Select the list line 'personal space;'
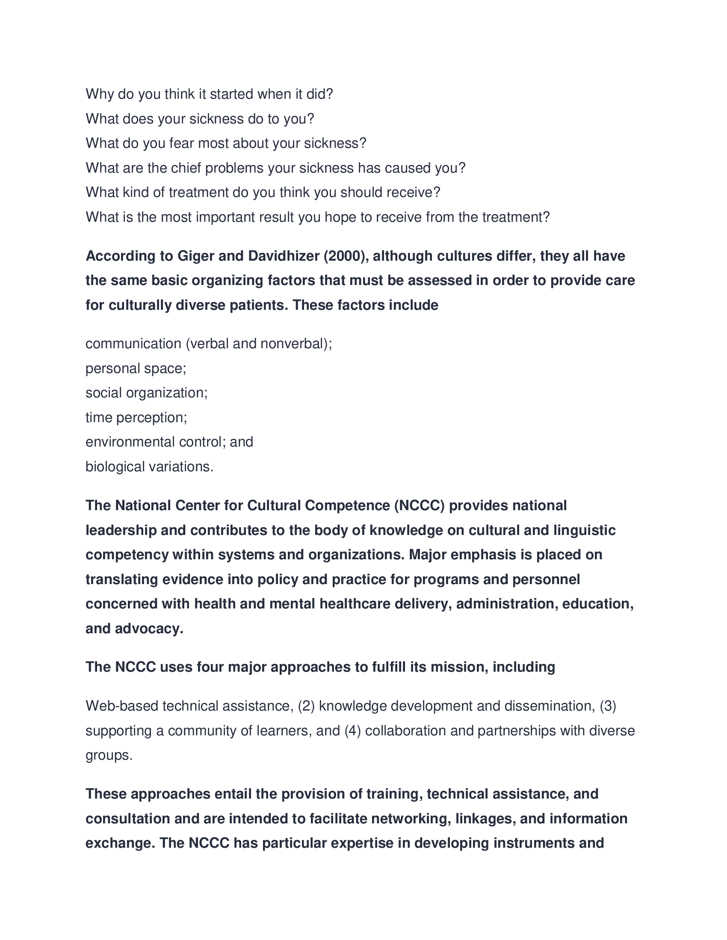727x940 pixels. pos(136,369)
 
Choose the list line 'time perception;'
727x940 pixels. pos(136,418)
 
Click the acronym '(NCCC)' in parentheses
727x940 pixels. pos(419,506)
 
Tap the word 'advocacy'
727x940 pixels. pos(149,629)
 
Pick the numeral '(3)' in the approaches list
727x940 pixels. pos(608,706)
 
